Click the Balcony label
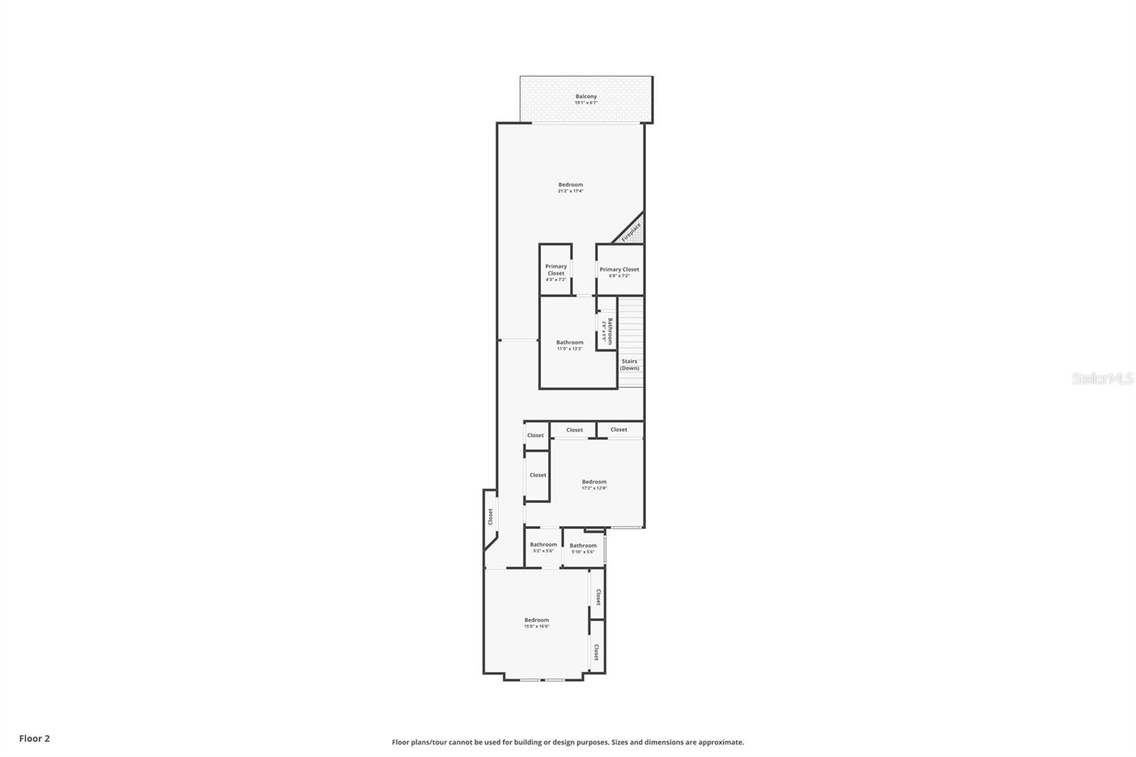click(x=586, y=96)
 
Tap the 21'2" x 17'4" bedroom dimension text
click(x=570, y=191)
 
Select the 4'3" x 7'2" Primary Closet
click(x=556, y=273)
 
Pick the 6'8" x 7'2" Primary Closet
click(x=619, y=271)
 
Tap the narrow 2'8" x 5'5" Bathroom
click(x=606, y=331)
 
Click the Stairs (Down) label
click(x=629, y=364)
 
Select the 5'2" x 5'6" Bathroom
click(x=543, y=547)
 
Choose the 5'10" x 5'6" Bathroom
click(x=583, y=548)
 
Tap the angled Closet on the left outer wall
click(x=490, y=517)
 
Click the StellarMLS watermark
click(x=1102, y=379)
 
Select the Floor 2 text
click(x=34, y=739)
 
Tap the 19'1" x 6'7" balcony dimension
click(x=586, y=103)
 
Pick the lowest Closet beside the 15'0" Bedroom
click(x=596, y=652)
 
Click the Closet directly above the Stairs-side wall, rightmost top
click(x=619, y=430)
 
